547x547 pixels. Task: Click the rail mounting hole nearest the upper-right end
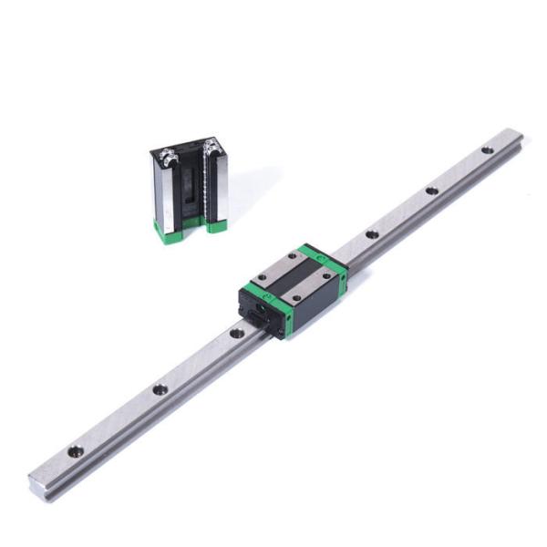tap(488, 150)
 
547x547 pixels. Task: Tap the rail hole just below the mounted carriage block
tap(237, 333)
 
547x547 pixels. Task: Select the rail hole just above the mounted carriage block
tap(372, 234)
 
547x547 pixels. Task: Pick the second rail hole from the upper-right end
tap(430, 191)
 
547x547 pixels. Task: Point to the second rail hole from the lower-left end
tap(160, 389)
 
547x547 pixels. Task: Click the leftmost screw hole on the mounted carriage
tap(263, 279)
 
